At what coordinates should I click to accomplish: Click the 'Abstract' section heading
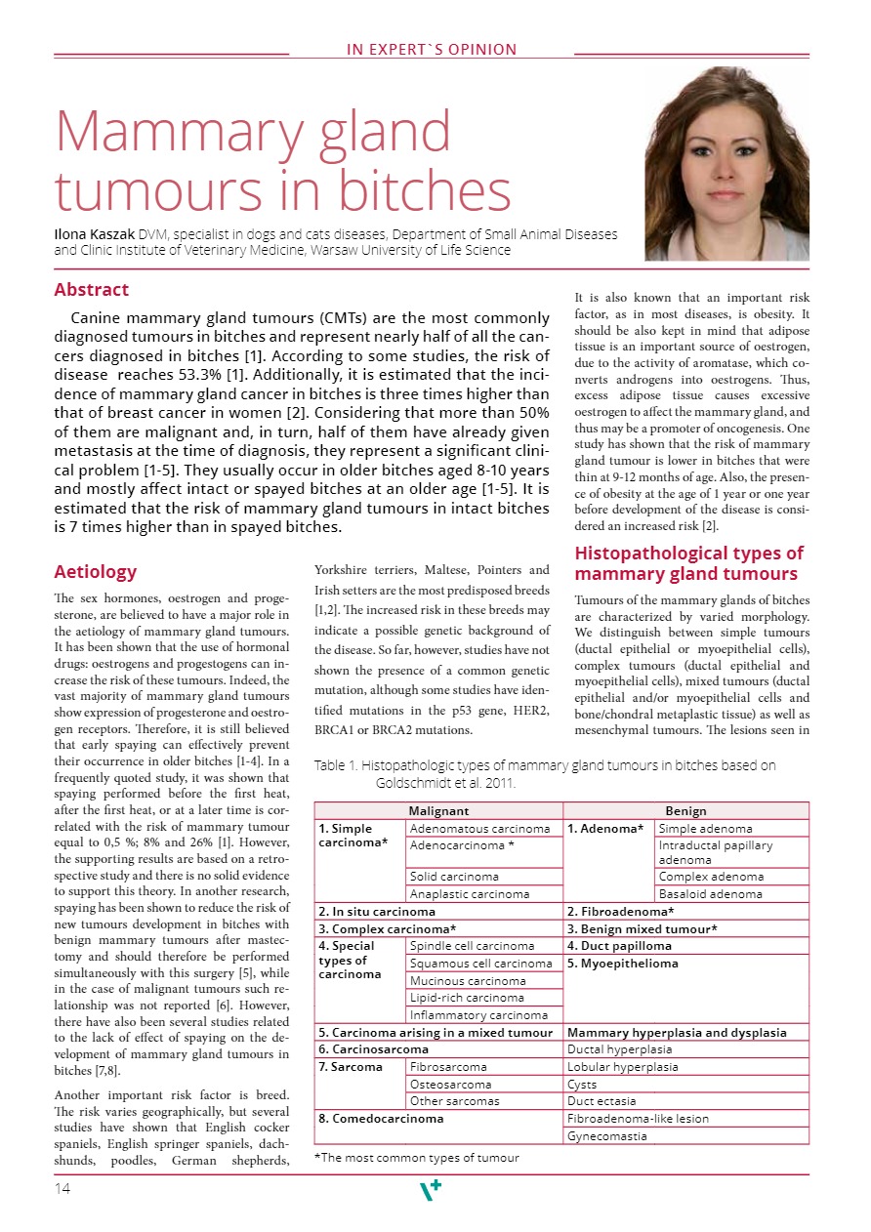pos(92,290)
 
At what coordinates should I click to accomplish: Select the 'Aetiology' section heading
pos(96,572)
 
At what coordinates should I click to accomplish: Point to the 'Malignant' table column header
pos(438,811)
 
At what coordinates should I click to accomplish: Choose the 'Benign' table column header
pos(685,811)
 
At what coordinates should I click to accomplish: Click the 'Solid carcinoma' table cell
pos(454,877)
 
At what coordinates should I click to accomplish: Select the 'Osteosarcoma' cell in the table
pos(451,1085)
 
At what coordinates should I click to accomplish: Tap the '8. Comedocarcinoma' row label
pos(382,1119)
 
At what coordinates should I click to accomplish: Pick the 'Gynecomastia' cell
pos(606,1136)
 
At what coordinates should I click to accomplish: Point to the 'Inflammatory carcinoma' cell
pos(478,1015)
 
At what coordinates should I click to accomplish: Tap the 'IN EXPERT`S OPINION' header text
pos(432,50)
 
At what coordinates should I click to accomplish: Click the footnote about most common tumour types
pos(417,1158)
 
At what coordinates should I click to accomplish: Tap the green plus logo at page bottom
pos(430,1190)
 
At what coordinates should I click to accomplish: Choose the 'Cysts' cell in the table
pos(583,1085)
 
